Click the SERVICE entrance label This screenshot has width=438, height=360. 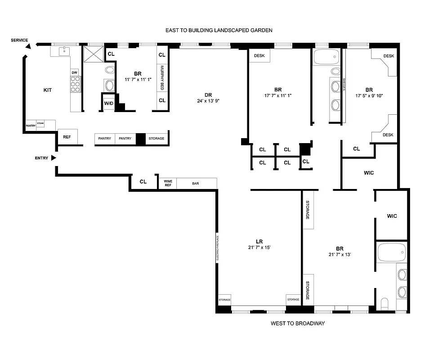coord(20,40)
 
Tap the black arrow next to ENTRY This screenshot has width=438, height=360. coord(54,158)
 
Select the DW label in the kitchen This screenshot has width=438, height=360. coord(75,72)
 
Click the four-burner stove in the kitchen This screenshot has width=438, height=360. coord(75,84)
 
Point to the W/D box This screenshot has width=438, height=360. coord(109,103)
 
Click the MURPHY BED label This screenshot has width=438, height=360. coord(162,77)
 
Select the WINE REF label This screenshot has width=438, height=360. coord(168,183)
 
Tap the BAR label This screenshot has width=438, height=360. coord(196,184)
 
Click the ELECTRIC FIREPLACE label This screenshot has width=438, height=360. coord(217,248)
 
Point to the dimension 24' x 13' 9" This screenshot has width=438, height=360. coord(208,101)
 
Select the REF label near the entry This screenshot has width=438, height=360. coord(67,137)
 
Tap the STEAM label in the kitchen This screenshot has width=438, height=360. coord(40,122)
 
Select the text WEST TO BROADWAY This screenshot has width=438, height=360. coord(297,324)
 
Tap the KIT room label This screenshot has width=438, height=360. coord(47,90)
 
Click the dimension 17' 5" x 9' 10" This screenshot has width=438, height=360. coord(369,95)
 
